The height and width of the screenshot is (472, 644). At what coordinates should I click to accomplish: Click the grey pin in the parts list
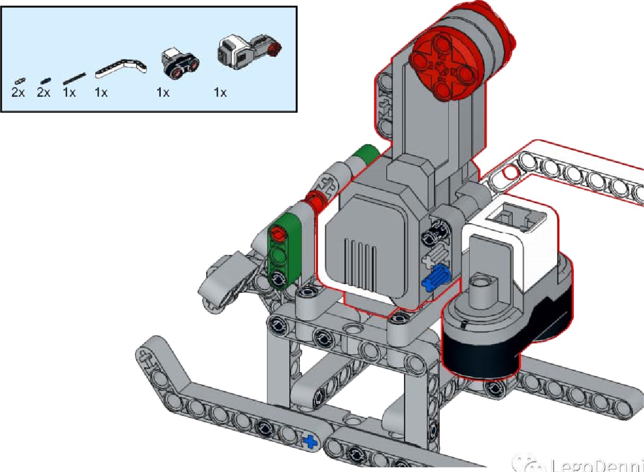[20, 81]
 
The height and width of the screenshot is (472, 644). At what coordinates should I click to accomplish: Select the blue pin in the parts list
[46, 80]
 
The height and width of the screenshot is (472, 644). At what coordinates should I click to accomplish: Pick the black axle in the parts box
[74, 79]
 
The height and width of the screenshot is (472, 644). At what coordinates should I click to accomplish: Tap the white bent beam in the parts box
[122, 66]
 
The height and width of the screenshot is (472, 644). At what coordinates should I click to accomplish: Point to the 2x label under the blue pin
[44, 92]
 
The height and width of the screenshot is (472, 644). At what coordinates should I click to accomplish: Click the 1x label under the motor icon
[220, 92]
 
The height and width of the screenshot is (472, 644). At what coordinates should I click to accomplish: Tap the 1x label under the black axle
[69, 92]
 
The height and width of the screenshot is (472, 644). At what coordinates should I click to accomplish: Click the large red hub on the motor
[440, 68]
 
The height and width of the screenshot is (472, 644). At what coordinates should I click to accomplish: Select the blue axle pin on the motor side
[436, 278]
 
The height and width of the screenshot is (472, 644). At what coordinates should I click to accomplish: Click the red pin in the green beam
[277, 233]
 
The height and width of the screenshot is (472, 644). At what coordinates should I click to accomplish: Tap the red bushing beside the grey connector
[315, 202]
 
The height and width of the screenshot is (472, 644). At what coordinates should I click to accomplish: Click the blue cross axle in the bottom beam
[310, 440]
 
